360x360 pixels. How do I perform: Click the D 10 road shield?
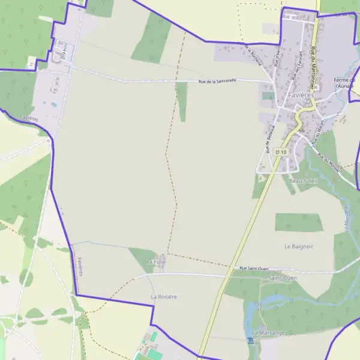(x=281, y=152)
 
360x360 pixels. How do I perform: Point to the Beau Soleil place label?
(x=302, y=181)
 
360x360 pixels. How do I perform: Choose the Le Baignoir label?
(x=299, y=246)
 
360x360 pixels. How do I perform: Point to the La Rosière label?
(x=163, y=297)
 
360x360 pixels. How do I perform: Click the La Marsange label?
(x=268, y=332)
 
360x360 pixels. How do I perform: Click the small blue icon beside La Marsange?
(x=250, y=340)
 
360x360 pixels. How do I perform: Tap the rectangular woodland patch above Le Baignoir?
(x=299, y=222)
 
